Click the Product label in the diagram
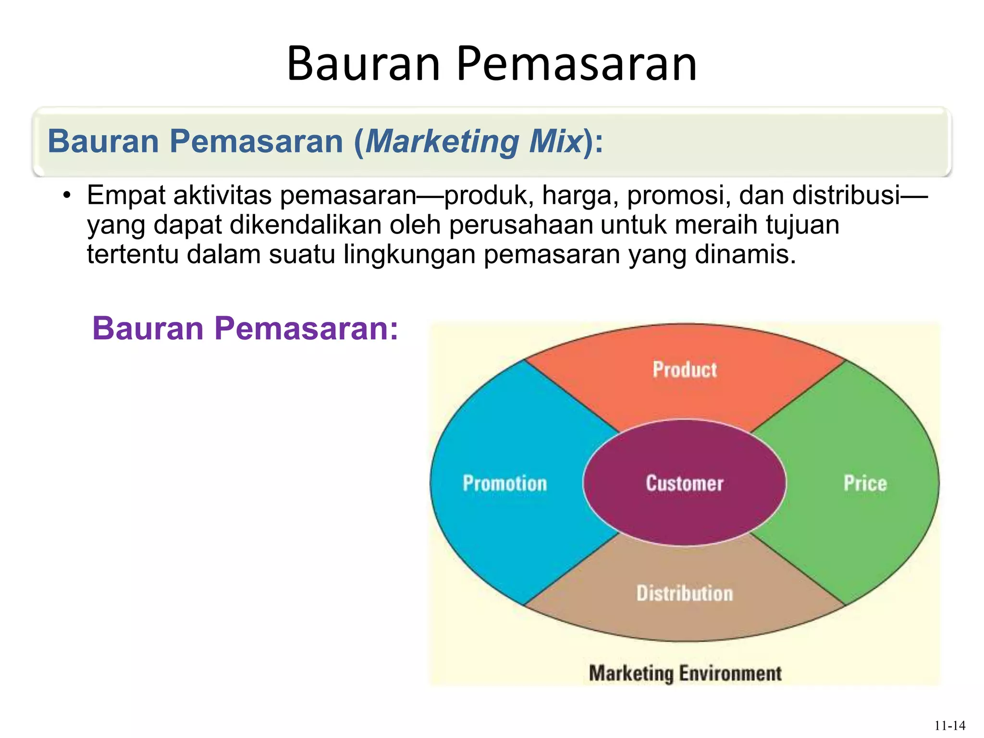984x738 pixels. [684, 369]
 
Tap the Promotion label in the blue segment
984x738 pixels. [504, 483]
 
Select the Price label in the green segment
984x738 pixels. [865, 483]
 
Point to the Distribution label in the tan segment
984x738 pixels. [685, 593]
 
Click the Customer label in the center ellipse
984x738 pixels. [684, 483]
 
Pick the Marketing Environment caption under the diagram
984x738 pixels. [685, 673]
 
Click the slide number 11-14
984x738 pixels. [949, 726]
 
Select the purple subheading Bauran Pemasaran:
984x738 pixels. [245, 329]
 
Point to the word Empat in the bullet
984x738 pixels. [126, 196]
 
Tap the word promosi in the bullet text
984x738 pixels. [677, 196]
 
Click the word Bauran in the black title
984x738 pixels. [363, 64]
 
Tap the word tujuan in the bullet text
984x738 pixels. [802, 226]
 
